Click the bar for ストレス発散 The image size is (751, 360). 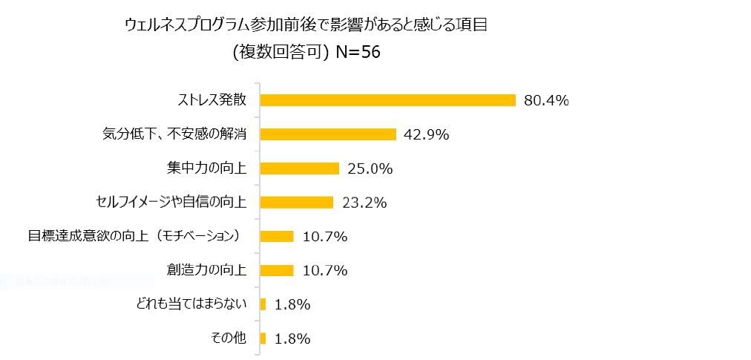point(387,100)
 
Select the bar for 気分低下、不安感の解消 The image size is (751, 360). point(327,134)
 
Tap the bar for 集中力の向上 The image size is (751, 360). point(299,168)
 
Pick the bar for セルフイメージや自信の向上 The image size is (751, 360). point(296,202)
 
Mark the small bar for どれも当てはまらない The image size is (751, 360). point(263,304)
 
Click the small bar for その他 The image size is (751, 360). point(263,338)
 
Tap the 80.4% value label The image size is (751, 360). point(546,100)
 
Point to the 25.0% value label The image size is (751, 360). point(370,168)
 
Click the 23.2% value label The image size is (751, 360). point(364,202)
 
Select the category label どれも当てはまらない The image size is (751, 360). point(192,304)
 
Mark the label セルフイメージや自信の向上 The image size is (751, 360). point(171,202)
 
